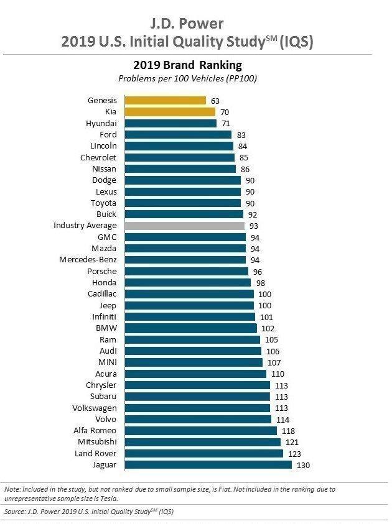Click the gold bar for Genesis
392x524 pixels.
pyautogui.click(x=165, y=100)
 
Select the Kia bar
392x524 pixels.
pyautogui.click(x=170, y=112)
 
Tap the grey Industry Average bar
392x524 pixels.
pyautogui.click(x=185, y=226)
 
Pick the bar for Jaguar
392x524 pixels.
pyautogui.click(x=208, y=464)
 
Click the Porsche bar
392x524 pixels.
pyautogui.click(x=186, y=271)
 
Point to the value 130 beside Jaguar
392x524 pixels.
pyautogui.click(x=303, y=465)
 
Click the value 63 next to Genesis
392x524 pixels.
pyautogui.click(x=215, y=101)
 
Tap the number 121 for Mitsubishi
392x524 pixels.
pyautogui.click(x=292, y=442)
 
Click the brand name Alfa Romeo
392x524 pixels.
pyautogui.click(x=95, y=430)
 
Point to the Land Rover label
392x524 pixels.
pyautogui.click(x=95, y=453)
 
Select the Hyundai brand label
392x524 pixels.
pyautogui.click(x=101, y=124)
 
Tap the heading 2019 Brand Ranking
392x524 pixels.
pyautogui.click(x=187, y=65)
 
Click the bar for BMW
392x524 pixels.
pyautogui.click(x=190, y=328)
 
